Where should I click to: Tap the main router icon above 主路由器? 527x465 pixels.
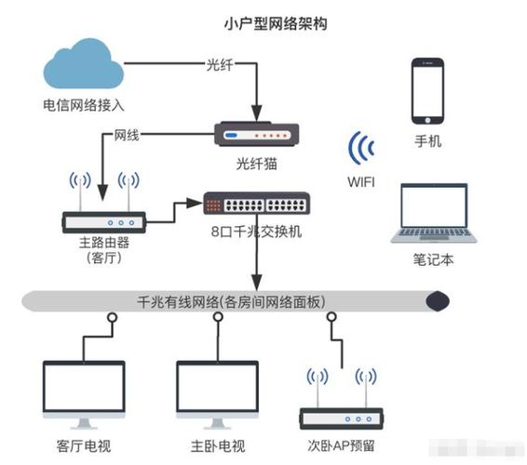[x=103, y=219]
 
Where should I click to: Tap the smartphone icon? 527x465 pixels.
[x=428, y=90]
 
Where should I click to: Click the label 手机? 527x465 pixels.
[x=428, y=142]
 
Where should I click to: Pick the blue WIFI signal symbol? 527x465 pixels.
[x=361, y=150]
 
